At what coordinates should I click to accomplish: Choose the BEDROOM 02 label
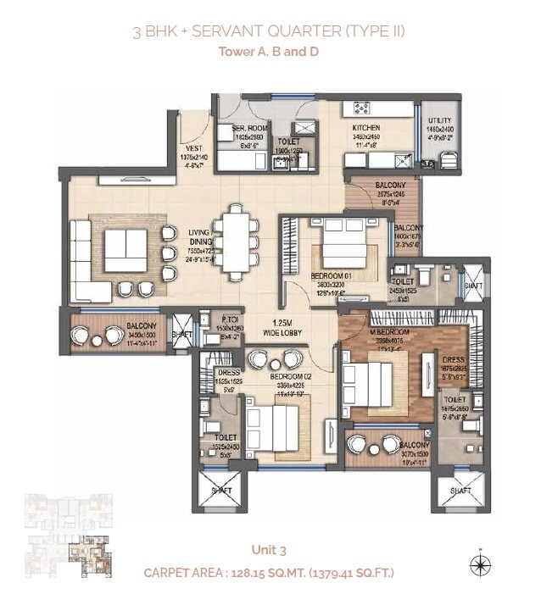pyautogui.click(x=289, y=375)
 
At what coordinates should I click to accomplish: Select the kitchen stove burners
pyautogui.click(x=361, y=108)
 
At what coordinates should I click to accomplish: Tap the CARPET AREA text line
pyautogui.click(x=269, y=573)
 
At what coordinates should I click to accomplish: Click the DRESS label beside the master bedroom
pyautogui.click(x=453, y=359)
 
